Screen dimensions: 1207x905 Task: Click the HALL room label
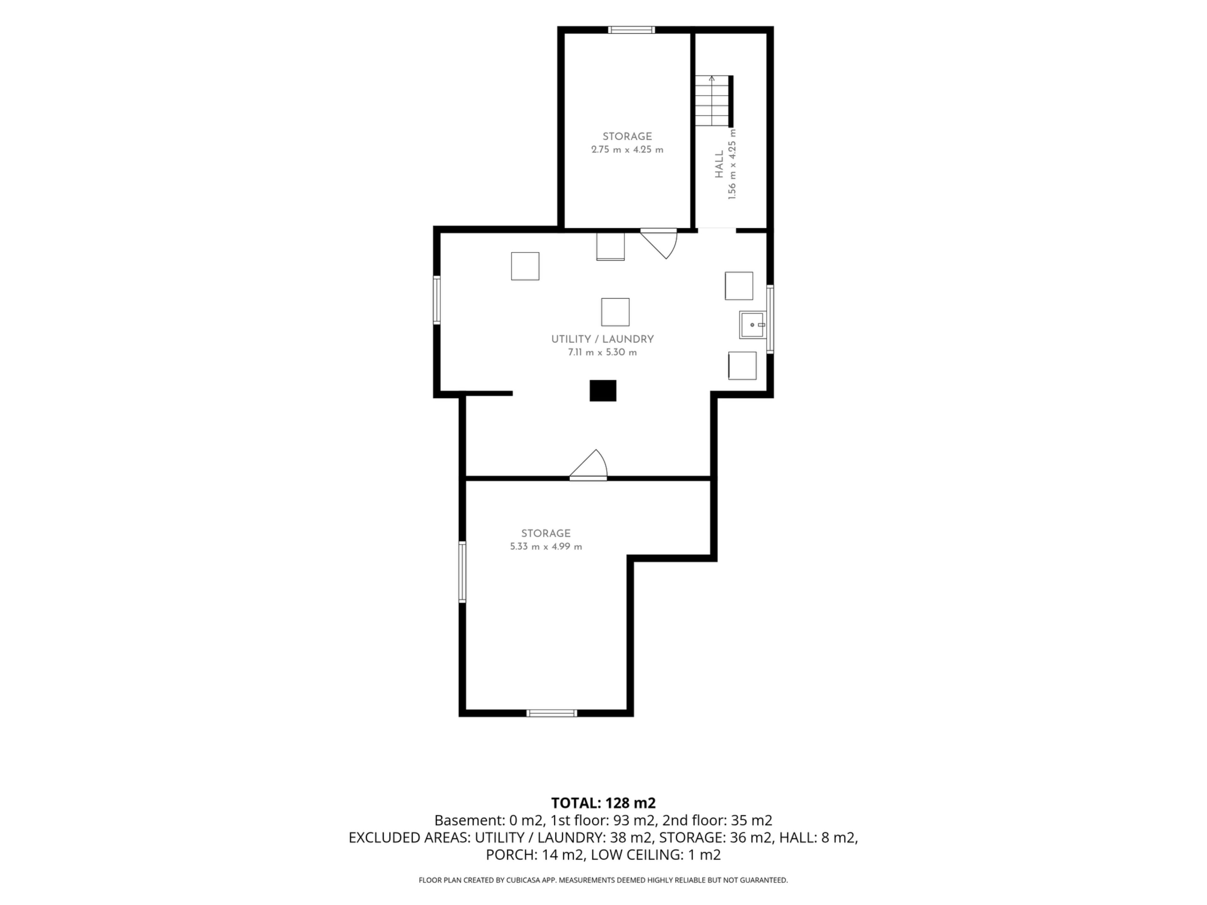719,164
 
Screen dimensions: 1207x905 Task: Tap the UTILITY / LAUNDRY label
603,339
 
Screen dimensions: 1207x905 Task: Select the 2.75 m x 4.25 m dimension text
627,150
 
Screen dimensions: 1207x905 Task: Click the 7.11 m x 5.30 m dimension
603,352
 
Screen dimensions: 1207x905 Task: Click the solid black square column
603,391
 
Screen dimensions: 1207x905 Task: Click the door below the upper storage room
659,243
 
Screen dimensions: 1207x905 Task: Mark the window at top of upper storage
631,30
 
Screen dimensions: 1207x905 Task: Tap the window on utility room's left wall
437,300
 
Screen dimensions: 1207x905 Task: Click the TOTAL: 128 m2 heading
603,803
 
